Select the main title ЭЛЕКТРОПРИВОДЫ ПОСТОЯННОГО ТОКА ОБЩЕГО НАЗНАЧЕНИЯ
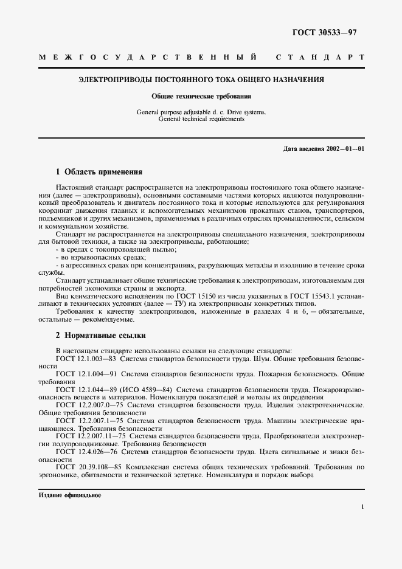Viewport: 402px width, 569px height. (202, 80)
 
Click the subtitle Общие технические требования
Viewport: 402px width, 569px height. (201, 96)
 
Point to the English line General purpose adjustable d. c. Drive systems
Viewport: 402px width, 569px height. (201, 112)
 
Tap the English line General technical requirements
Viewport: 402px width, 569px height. (201, 119)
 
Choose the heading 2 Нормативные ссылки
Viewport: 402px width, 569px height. (100, 335)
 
